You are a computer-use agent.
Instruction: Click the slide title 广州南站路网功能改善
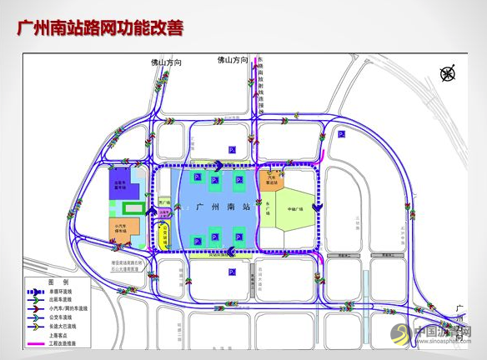pyautogui.click(x=100, y=28)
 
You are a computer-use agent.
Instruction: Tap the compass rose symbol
pyautogui.click(x=449, y=73)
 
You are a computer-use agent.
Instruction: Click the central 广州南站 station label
pyautogui.click(x=217, y=206)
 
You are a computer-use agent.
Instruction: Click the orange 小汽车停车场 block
pyautogui.click(x=118, y=230)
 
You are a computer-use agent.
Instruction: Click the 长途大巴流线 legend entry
pyautogui.click(x=73, y=324)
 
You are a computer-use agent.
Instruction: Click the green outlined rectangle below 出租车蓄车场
pyautogui.click(x=132, y=207)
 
